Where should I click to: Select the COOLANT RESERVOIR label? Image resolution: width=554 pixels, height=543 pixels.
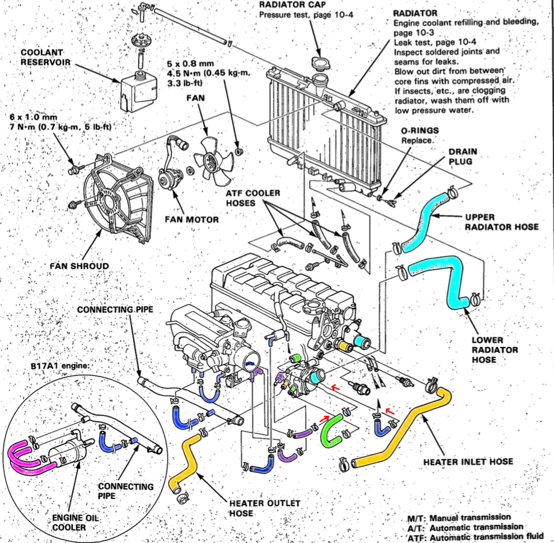coord(45,57)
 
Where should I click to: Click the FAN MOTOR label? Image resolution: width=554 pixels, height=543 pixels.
coord(191,219)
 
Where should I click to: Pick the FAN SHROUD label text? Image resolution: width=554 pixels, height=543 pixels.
coord(80,265)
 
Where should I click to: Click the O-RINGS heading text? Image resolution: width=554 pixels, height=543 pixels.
coord(420,130)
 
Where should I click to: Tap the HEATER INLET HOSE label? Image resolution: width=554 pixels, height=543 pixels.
coord(468,462)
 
